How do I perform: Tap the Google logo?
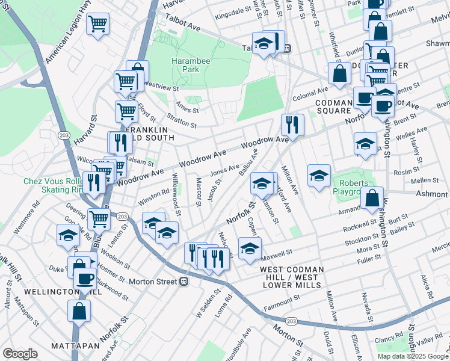pos(20,354)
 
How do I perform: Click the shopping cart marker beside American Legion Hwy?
pos(97,25)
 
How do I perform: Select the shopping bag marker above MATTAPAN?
pos(79,311)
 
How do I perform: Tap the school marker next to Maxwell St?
pos(250,247)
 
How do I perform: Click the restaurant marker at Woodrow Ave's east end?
pos(292,125)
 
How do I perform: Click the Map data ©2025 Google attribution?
pos(412,356)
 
